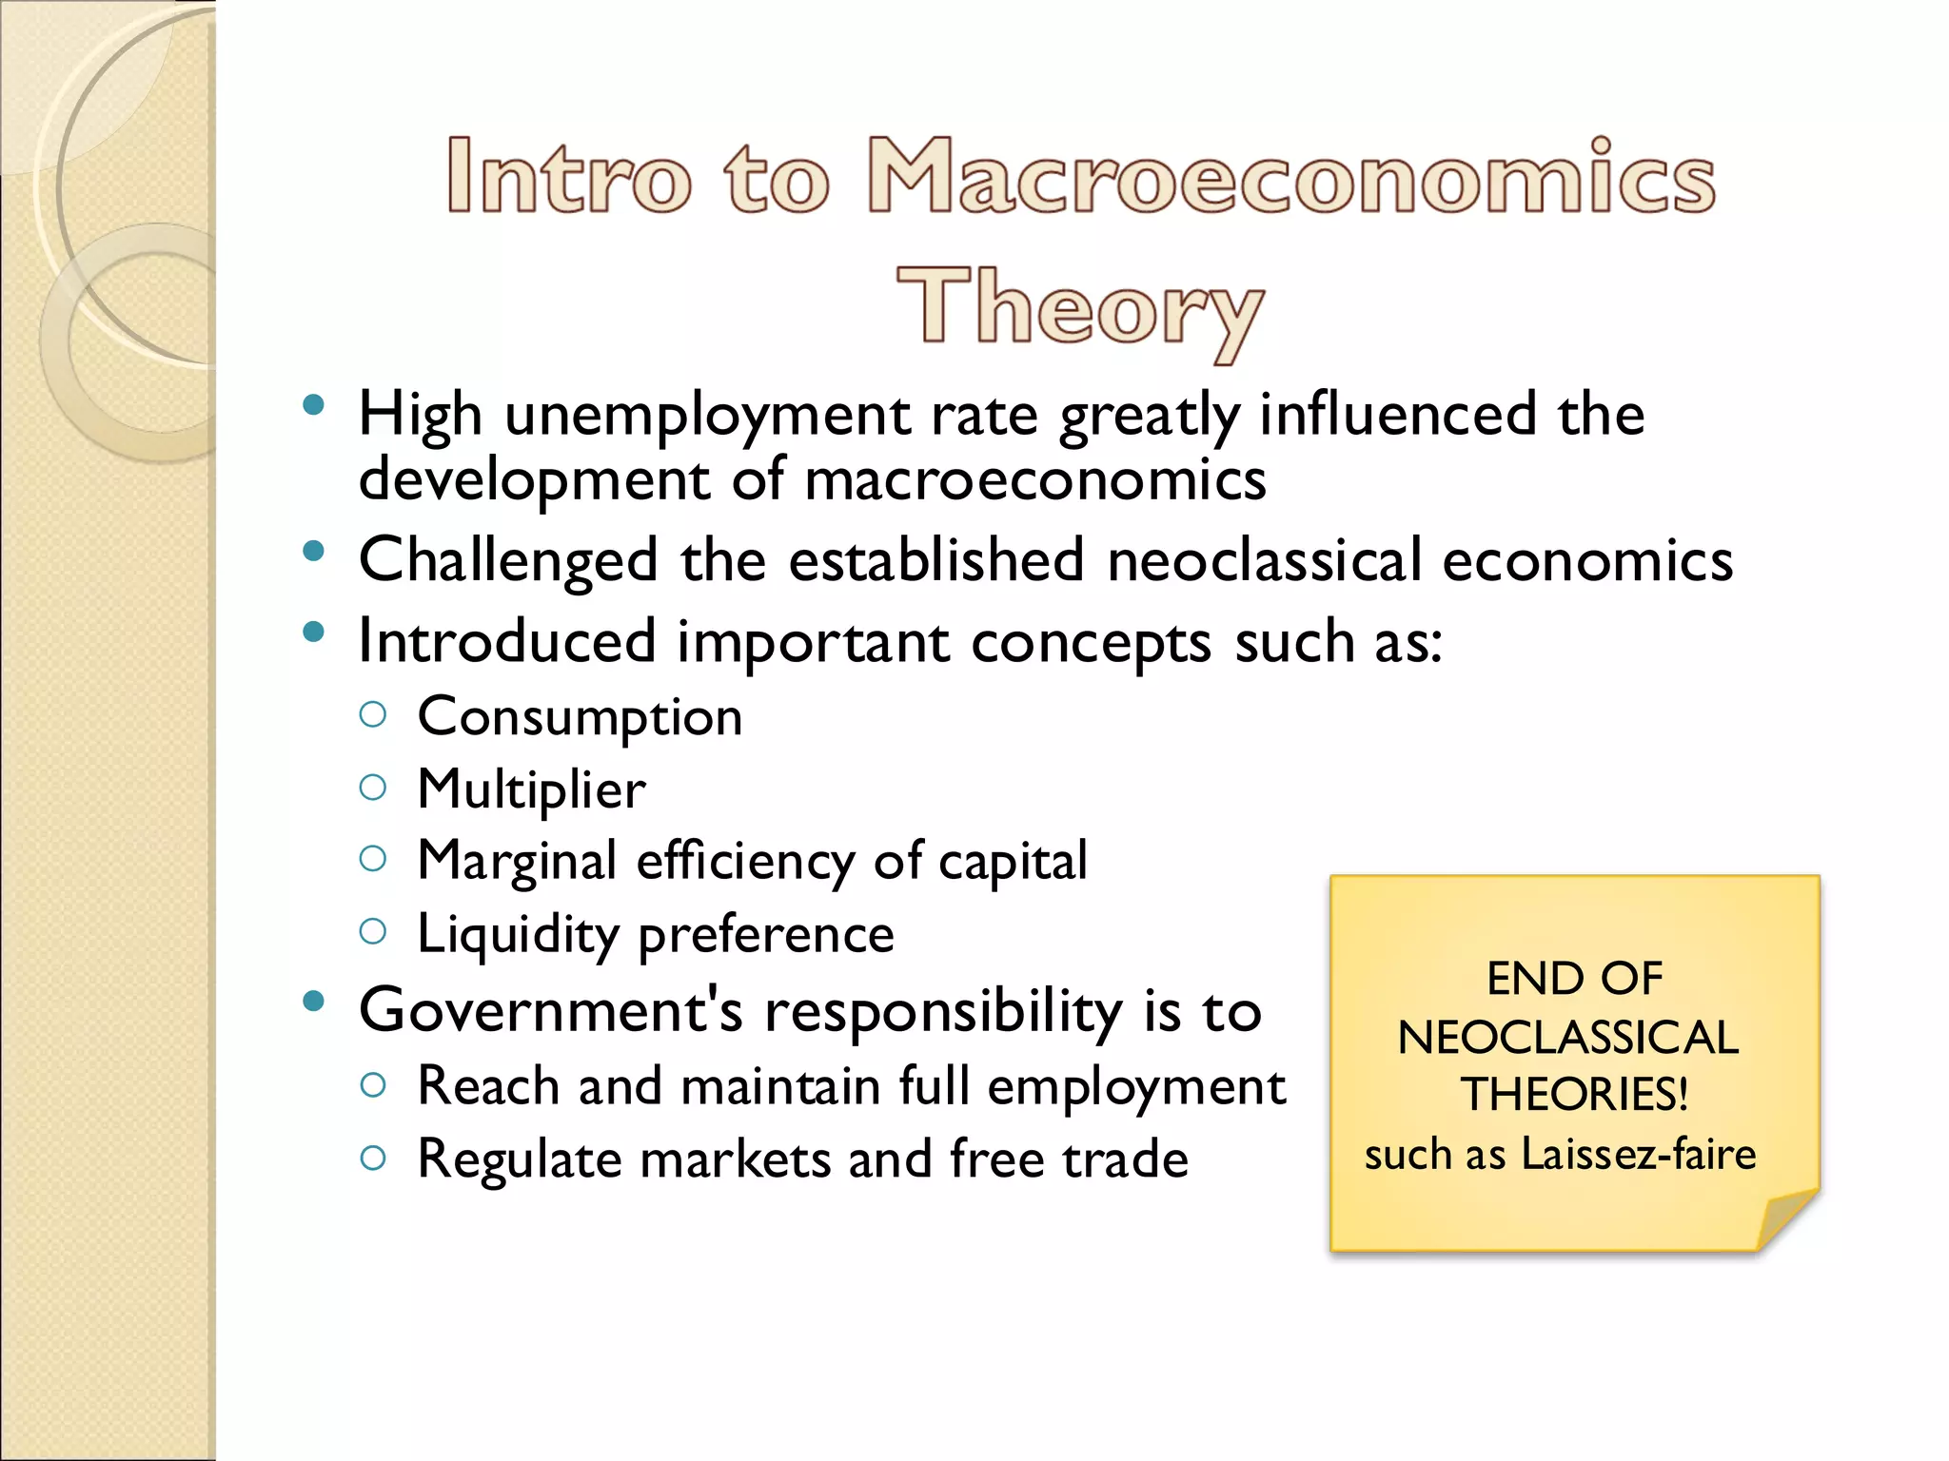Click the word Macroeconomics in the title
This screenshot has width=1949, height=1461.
[1291, 176]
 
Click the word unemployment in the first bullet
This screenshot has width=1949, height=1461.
[706, 416]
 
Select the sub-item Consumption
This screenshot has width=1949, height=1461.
[580, 717]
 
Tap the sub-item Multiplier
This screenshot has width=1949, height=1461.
[531, 789]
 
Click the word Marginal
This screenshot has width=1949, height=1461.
[517, 862]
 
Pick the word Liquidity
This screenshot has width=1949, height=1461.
[518, 934]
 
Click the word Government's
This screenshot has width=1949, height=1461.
[550, 1010]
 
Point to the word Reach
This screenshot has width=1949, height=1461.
[487, 1086]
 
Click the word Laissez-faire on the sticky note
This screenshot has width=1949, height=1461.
[1638, 1155]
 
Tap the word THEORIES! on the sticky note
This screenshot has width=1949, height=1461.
[1575, 1095]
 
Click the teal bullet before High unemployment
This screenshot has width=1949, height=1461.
[313, 406]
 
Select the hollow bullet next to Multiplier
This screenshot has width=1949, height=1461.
[373, 788]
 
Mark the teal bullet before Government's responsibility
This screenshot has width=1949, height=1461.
[313, 1001]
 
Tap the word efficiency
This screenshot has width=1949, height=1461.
[745, 862]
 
